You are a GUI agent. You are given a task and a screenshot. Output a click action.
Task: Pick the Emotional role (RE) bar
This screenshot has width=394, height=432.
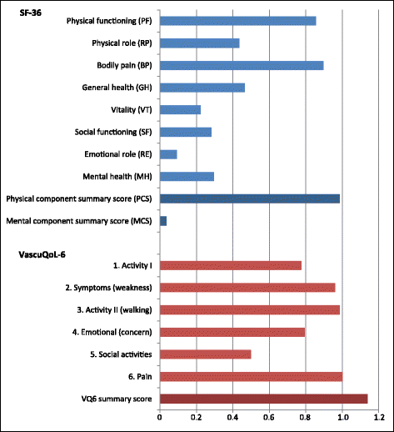(167, 154)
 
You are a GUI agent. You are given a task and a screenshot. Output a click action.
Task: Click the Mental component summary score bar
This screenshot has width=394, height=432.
(162, 221)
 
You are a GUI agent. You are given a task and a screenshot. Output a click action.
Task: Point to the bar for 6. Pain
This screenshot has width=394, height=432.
(250, 377)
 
